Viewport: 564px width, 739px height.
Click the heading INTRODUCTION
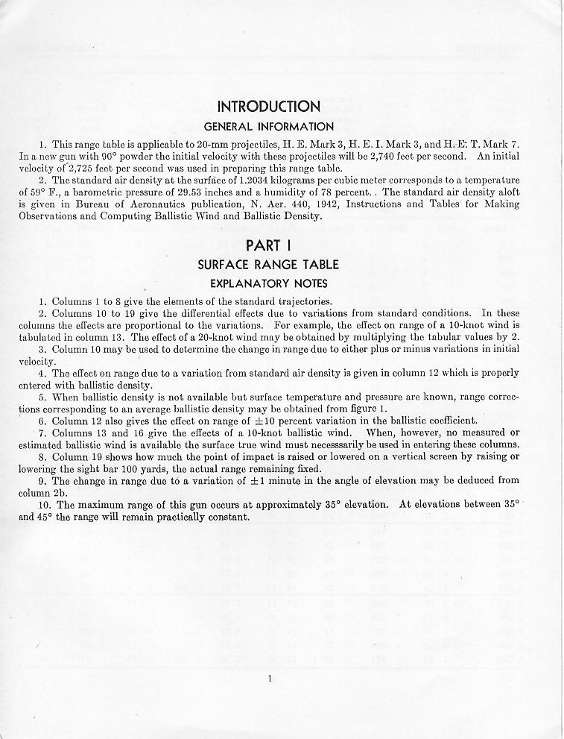(269, 107)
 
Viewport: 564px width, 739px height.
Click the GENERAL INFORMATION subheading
(269, 127)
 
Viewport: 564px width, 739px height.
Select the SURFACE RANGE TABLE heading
(268, 265)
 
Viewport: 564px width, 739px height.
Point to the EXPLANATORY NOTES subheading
(268, 283)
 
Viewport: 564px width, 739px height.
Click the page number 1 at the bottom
(269, 678)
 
